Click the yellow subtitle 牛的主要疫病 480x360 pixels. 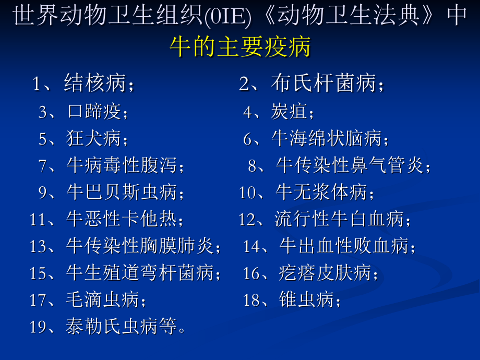pyautogui.click(x=240, y=47)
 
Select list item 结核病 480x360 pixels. pyautogui.click(x=96, y=83)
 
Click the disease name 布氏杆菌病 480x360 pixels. pyautogui.click(x=323, y=83)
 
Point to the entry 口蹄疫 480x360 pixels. pyautogui.click(x=94, y=111)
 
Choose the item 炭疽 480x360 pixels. pyautogui.click(x=290, y=111)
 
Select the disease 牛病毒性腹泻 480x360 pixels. pyautogui.click(x=122, y=166)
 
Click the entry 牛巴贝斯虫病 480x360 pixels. pyautogui.click(x=122, y=193)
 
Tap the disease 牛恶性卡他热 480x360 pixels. pyautogui.click(x=122, y=219)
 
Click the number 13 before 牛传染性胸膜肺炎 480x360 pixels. pyautogui.click(x=39, y=246)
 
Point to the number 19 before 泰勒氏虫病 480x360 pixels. pyautogui.click(x=39, y=327)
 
